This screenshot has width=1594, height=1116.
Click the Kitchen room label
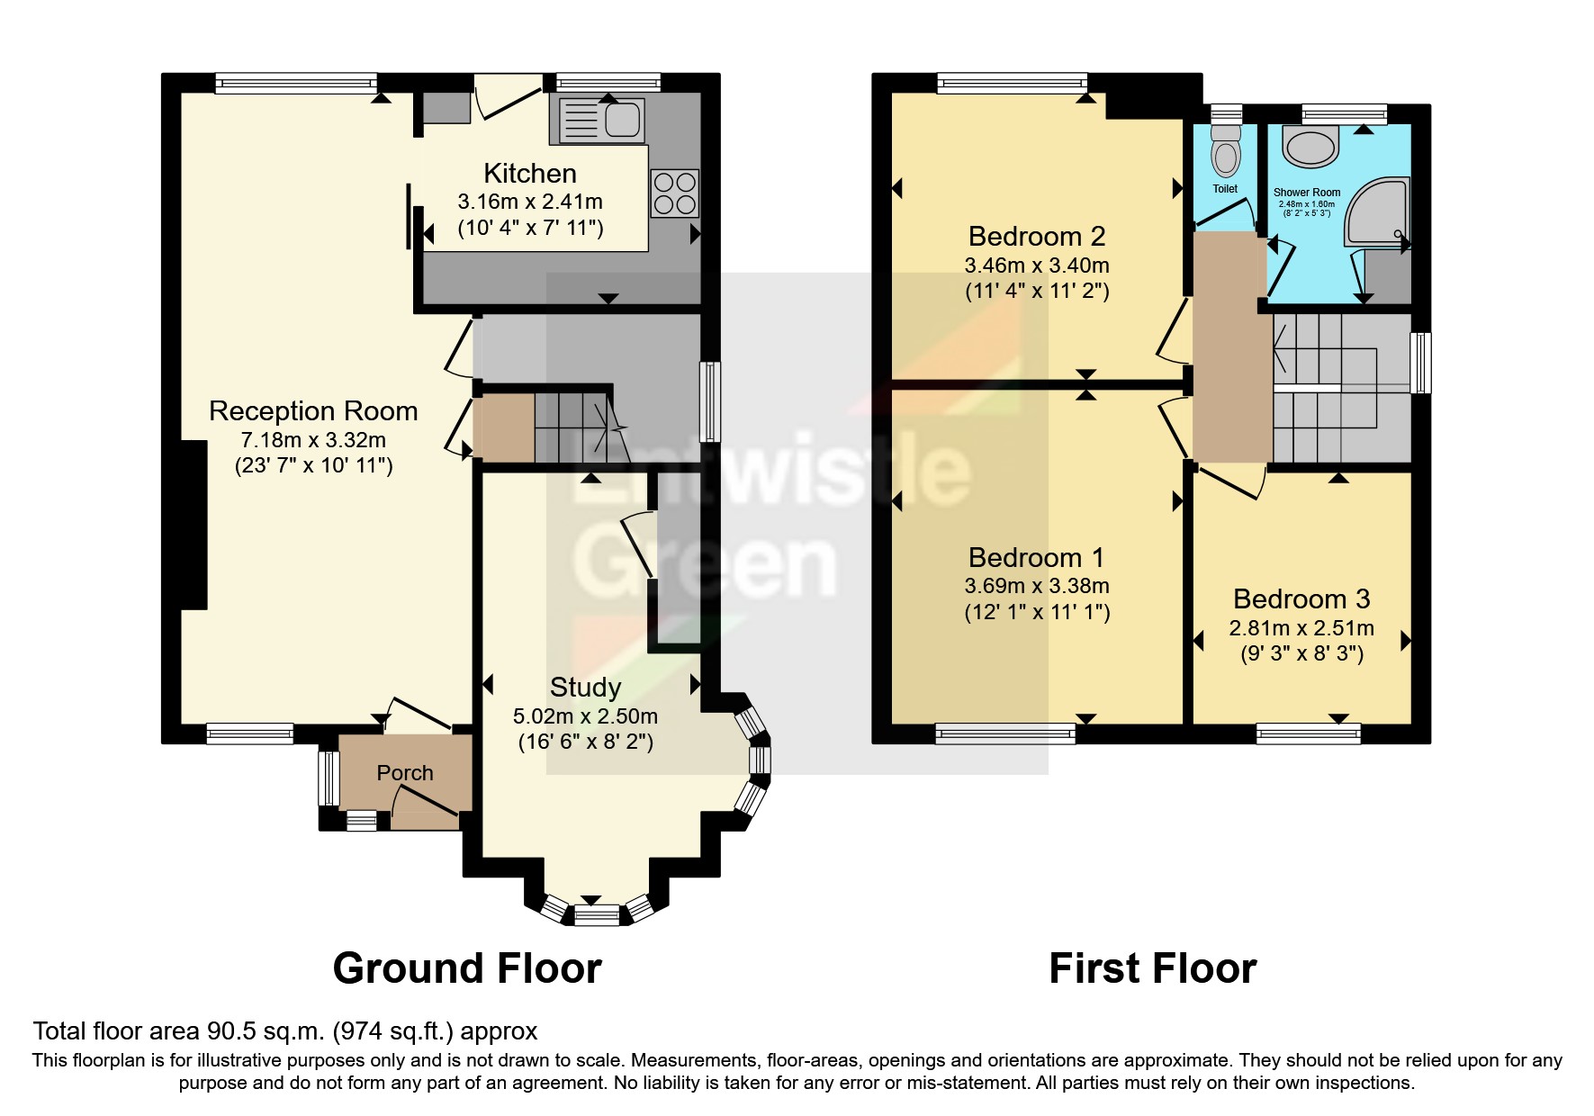(x=529, y=173)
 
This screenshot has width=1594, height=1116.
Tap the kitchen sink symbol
(x=601, y=121)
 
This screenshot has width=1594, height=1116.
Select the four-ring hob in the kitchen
(x=674, y=193)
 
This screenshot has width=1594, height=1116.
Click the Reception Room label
(x=313, y=411)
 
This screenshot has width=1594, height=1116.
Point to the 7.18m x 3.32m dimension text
(x=313, y=440)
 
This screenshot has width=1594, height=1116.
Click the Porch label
(x=405, y=773)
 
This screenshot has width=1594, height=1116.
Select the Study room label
(x=585, y=688)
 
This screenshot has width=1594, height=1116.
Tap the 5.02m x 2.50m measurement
(x=585, y=716)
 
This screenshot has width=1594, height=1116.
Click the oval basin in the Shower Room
(x=1310, y=146)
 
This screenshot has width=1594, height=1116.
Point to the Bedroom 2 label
(x=1037, y=237)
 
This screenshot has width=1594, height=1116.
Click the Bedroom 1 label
(x=1036, y=557)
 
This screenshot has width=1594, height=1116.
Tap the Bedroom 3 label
(x=1301, y=598)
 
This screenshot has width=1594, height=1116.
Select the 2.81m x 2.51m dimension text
(x=1301, y=628)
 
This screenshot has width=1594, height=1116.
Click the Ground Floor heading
(x=467, y=969)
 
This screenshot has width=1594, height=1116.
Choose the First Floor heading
(x=1152, y=969)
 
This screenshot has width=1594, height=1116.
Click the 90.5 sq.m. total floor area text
(x=285, y=1031)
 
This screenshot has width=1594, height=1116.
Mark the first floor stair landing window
(x=1419, y=363)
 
